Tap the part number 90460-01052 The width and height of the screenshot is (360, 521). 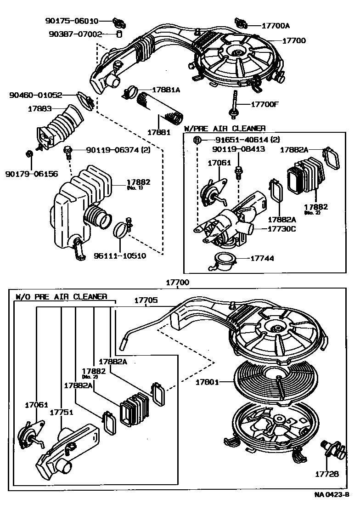click(x=35, y=96)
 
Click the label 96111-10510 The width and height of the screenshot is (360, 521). click(x=120, y=255)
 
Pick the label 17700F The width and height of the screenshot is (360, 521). click(x=265, y=105)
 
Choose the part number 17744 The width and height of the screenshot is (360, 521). click(x=262, y=259)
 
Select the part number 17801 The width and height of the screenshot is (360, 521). click(x=207, y=382)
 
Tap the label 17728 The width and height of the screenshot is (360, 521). click(x=327, y=474)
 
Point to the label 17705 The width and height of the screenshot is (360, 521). click(x=146, y=300)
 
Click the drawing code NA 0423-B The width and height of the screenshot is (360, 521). click(x=332, y=495)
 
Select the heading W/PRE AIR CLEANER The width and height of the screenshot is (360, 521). click(x=225, y=129)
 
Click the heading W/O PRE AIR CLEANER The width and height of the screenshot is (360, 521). click(x=61, y=297)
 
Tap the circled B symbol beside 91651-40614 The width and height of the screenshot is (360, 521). click(x=197, y=140)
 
